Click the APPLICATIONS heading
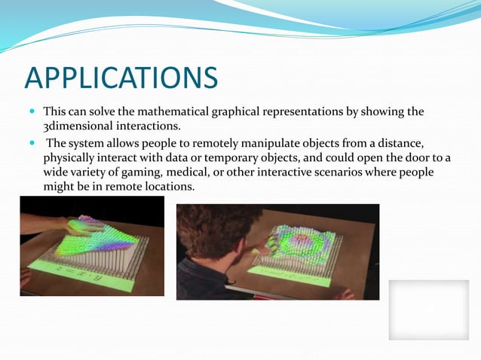coord(121,78)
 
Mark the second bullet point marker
coord(32,143)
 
